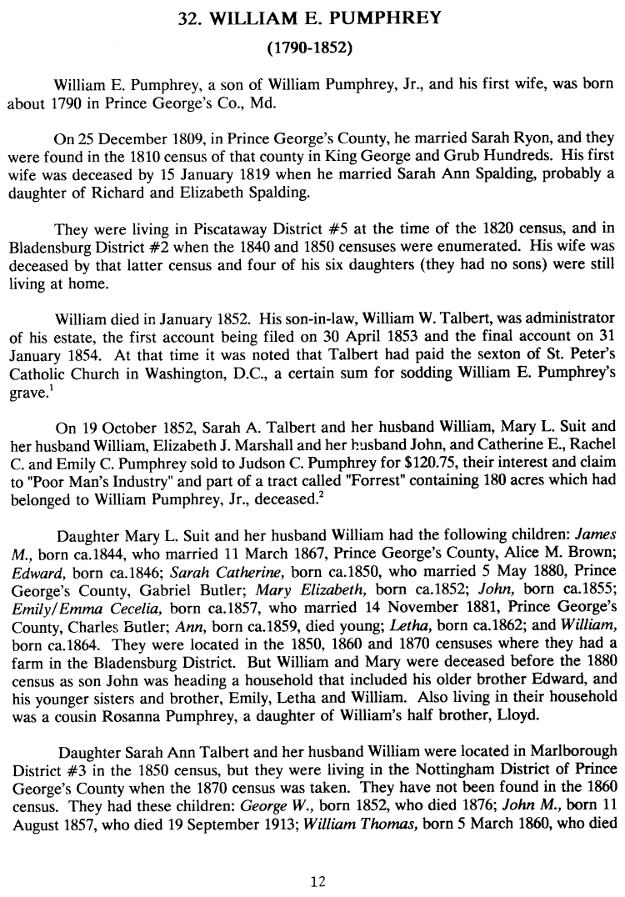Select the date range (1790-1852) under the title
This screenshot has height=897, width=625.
(x=312, y=48)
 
